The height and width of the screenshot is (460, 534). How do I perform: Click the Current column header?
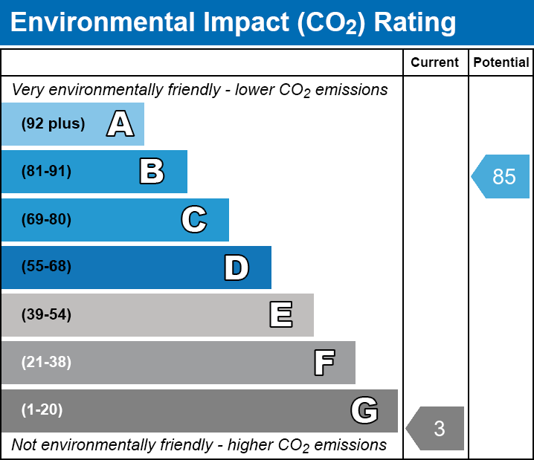tap(435, 63)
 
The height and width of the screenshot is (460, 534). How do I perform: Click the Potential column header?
tap(501, 63)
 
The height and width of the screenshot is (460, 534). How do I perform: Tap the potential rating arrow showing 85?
tap(502, 177)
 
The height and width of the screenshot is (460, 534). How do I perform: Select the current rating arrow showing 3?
tap(437, 429)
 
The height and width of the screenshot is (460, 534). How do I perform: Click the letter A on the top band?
tap(120, 124)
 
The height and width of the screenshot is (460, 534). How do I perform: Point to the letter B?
tap(152, 172)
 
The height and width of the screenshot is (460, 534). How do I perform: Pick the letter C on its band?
tap(193, 220)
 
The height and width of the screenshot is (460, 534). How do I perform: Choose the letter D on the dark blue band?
tap(237, 268)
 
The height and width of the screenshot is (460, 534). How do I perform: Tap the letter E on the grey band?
tap(280, 315)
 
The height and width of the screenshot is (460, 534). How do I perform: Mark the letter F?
tap(324, 363)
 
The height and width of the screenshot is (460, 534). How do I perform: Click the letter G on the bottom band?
tap(364, 410)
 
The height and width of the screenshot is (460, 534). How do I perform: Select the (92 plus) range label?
tap(53, 124)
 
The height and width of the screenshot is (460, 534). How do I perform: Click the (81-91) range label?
tap(46, 172)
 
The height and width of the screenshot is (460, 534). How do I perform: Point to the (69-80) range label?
tap(46, 220)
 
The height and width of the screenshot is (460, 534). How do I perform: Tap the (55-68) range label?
tap(46, 268)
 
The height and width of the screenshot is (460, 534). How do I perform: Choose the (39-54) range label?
tap(46, 315)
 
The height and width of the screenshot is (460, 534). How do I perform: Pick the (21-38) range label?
tap(46, 363)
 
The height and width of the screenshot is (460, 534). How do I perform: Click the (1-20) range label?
tap(42, 410)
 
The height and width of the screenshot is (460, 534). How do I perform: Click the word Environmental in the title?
tap(102, 23)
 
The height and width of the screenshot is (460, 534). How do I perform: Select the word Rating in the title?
tap(415, 23)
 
